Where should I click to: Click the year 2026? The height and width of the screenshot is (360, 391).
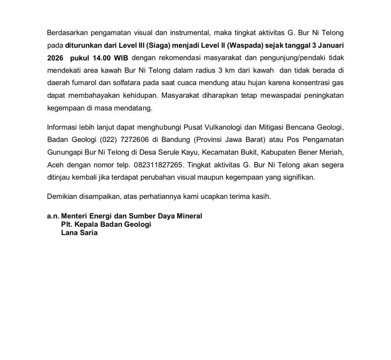(x=55, y=58)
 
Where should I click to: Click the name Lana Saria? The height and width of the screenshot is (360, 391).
(x=79, y=233)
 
